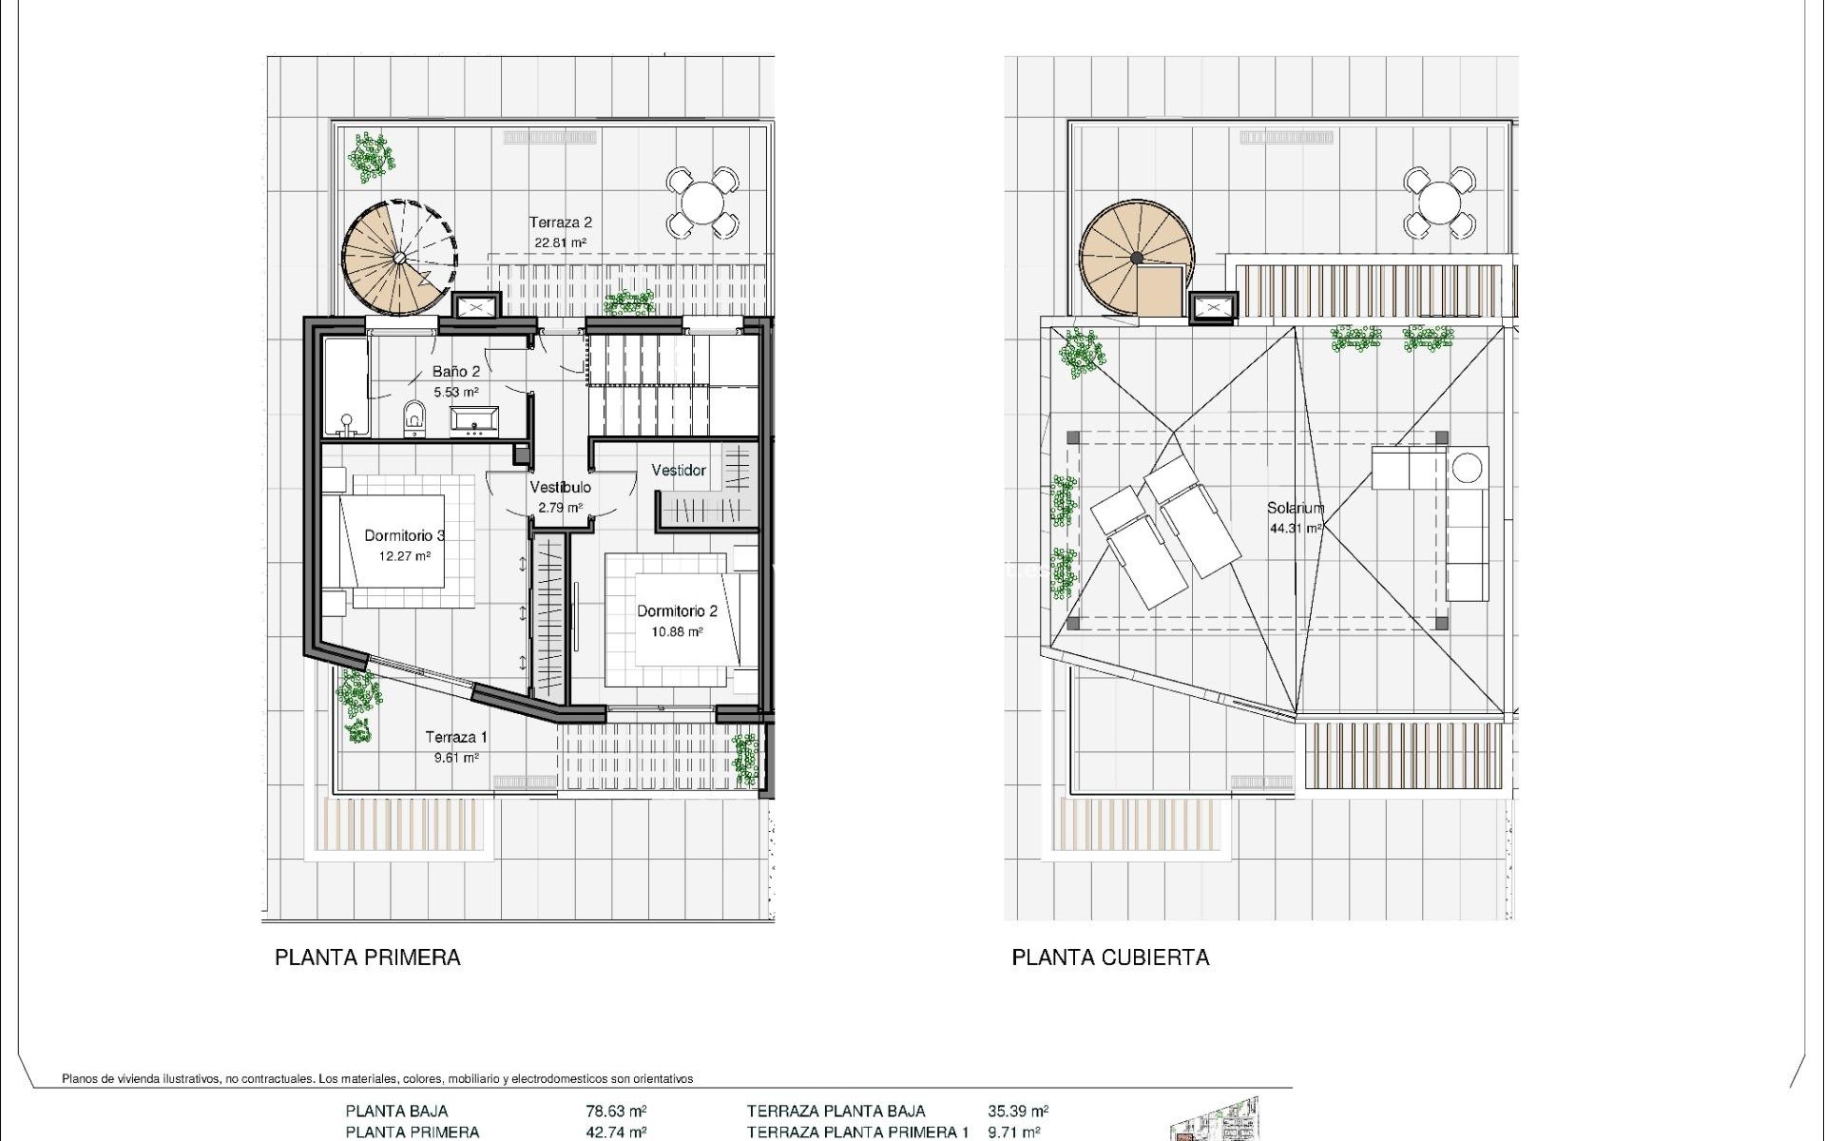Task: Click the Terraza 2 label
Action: pos(561,222)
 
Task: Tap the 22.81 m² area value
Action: pos(560,243)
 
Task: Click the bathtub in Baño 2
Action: pos(344,386)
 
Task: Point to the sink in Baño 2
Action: pos(473,419)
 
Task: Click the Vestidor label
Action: pos(679,471)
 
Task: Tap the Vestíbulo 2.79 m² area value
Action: pos(560,508)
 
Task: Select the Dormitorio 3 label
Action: pos(405,535)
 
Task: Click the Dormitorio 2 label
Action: pos(677,611)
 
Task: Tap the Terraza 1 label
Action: pos(456,737)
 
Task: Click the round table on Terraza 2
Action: pos(702,202)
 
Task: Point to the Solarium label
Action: pos(1295,508)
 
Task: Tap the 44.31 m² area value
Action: pos(1295,529)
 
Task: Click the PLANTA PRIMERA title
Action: pos(367,957)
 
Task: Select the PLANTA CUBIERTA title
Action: pos(1110,957)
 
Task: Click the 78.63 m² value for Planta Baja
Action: pos(616,1111)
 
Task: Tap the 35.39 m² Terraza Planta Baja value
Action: pos(1018,1111)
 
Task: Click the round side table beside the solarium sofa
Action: pos(1468,467)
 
